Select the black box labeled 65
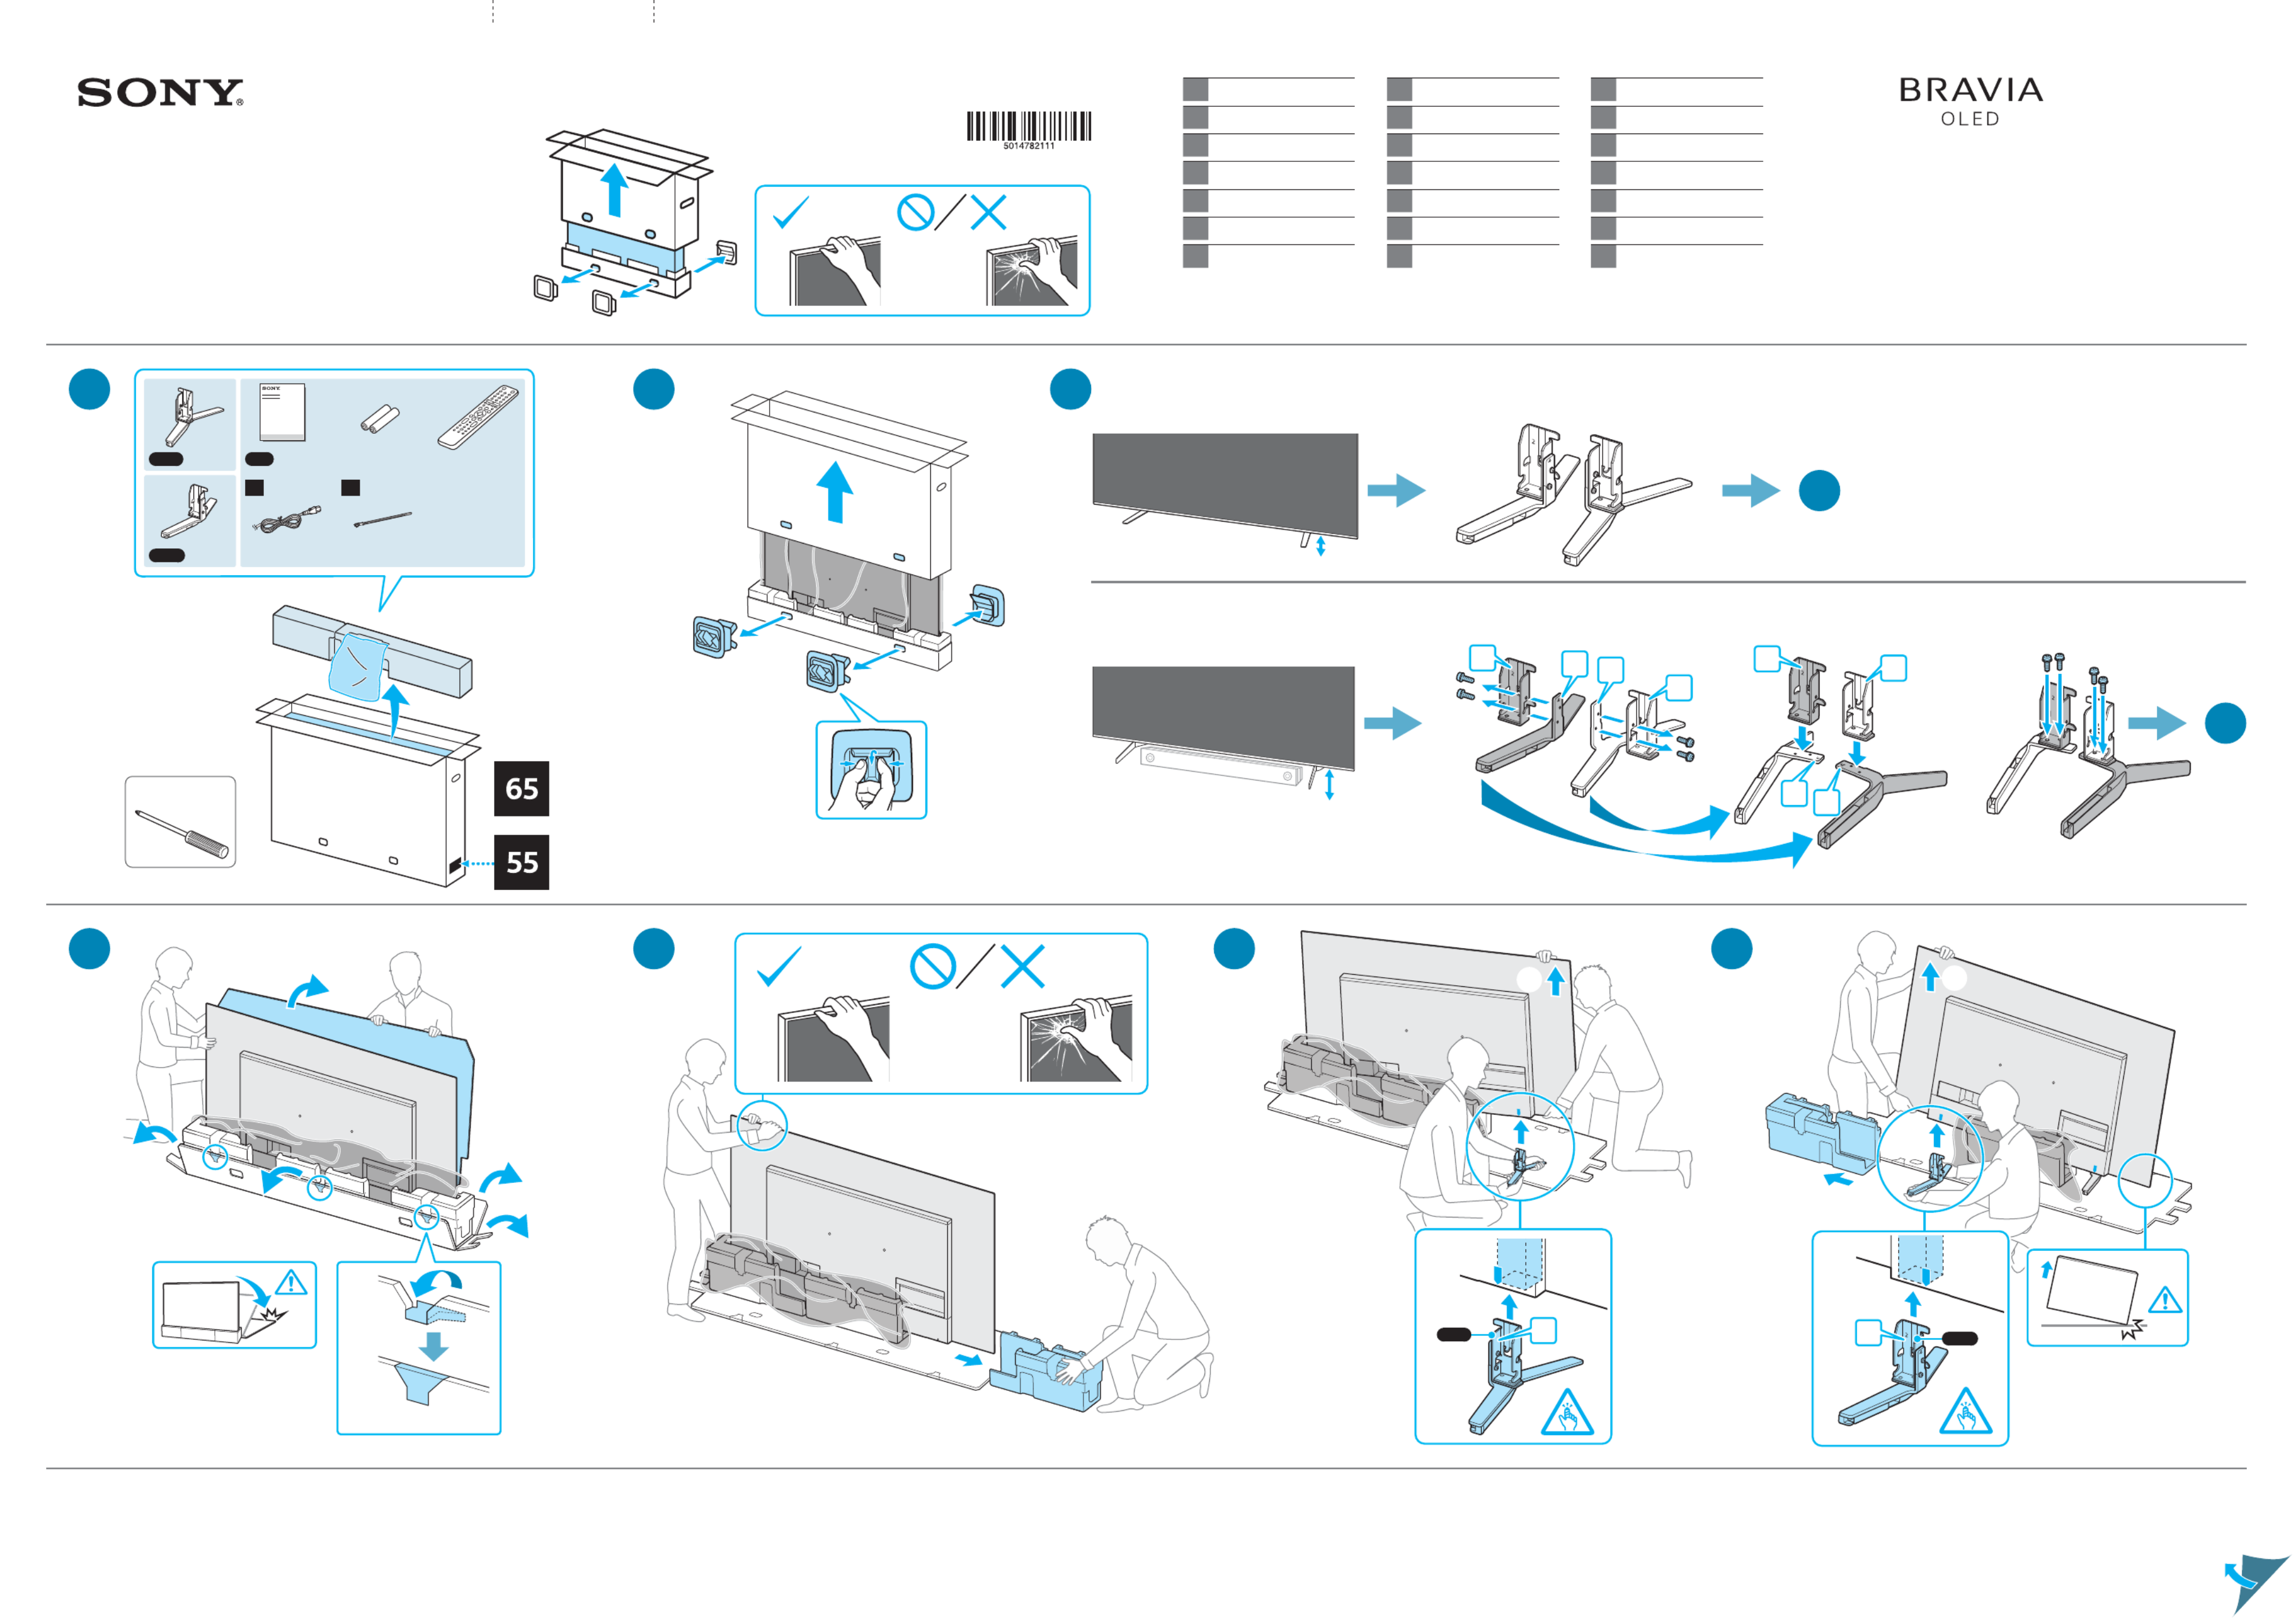[522, 789]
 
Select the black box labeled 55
[522, 862]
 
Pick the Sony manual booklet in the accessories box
[281, 411]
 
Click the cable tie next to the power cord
[383, 519]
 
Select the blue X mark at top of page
[988, 212]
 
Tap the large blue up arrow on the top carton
[615, 190]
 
